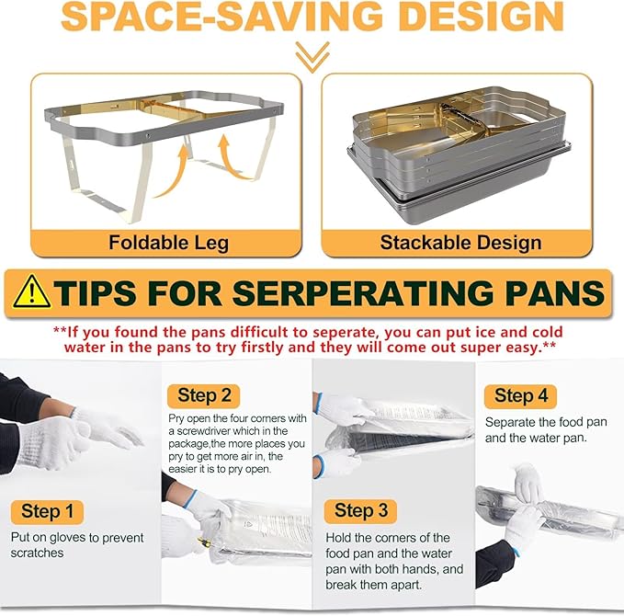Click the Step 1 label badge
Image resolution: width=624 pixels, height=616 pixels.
click(47, 511)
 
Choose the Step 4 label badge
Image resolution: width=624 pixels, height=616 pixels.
click(519, 395)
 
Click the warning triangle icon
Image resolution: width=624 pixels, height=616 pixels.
click(33, 292)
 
